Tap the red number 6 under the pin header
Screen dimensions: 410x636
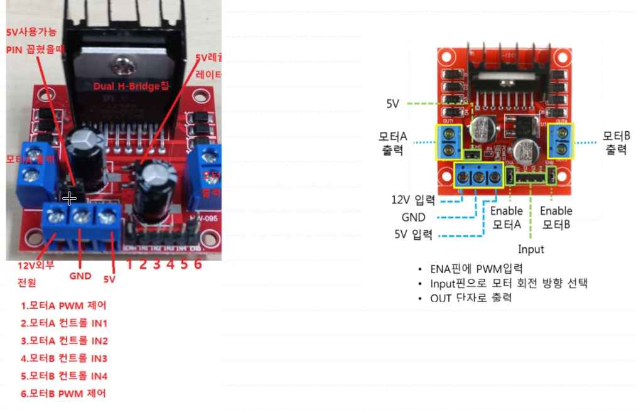click(x=197, y=264)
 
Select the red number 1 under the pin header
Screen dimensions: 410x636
click(x=129, y=264)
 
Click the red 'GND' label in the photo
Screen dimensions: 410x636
click(x=80, y=276)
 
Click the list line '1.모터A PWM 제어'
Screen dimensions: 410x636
click(x=63, y=306)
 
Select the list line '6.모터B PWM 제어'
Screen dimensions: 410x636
click(x=63, y=394)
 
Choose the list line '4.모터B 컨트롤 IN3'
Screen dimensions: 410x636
click(x=64, y=359)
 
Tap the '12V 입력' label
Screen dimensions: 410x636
click(x=412, y=200)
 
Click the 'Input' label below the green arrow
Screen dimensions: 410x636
click(x=531, y=249)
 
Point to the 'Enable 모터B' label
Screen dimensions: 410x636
click(x=555, y=217)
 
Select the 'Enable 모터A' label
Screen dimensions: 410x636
click(x=507, y=217)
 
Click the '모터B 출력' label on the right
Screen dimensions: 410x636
click(x=616, y=143)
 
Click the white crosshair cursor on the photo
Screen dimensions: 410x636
click(x=70, y=198)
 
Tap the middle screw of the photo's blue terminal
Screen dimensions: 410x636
click(x=81, y=217)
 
